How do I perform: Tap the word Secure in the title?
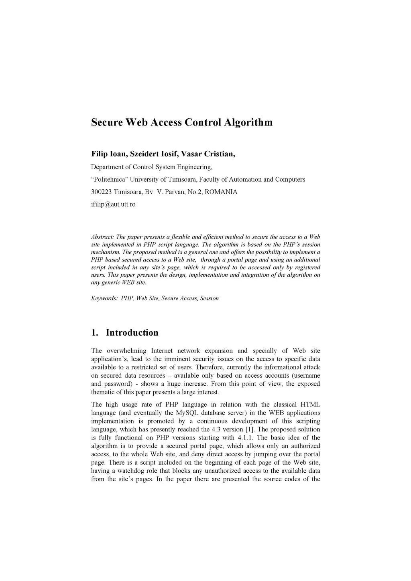(x=107, y=122)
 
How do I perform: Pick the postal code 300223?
(x=102, y=192)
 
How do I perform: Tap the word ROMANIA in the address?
(x=221, y=192)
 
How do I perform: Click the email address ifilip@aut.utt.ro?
(x=113, y=204)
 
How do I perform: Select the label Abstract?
(x=103, y=237)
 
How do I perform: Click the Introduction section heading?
(x=132, y=333)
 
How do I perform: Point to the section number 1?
(x=94, y=333)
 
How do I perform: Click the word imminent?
(x=177, y=359)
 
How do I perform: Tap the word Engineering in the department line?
(x=194, y=167)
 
